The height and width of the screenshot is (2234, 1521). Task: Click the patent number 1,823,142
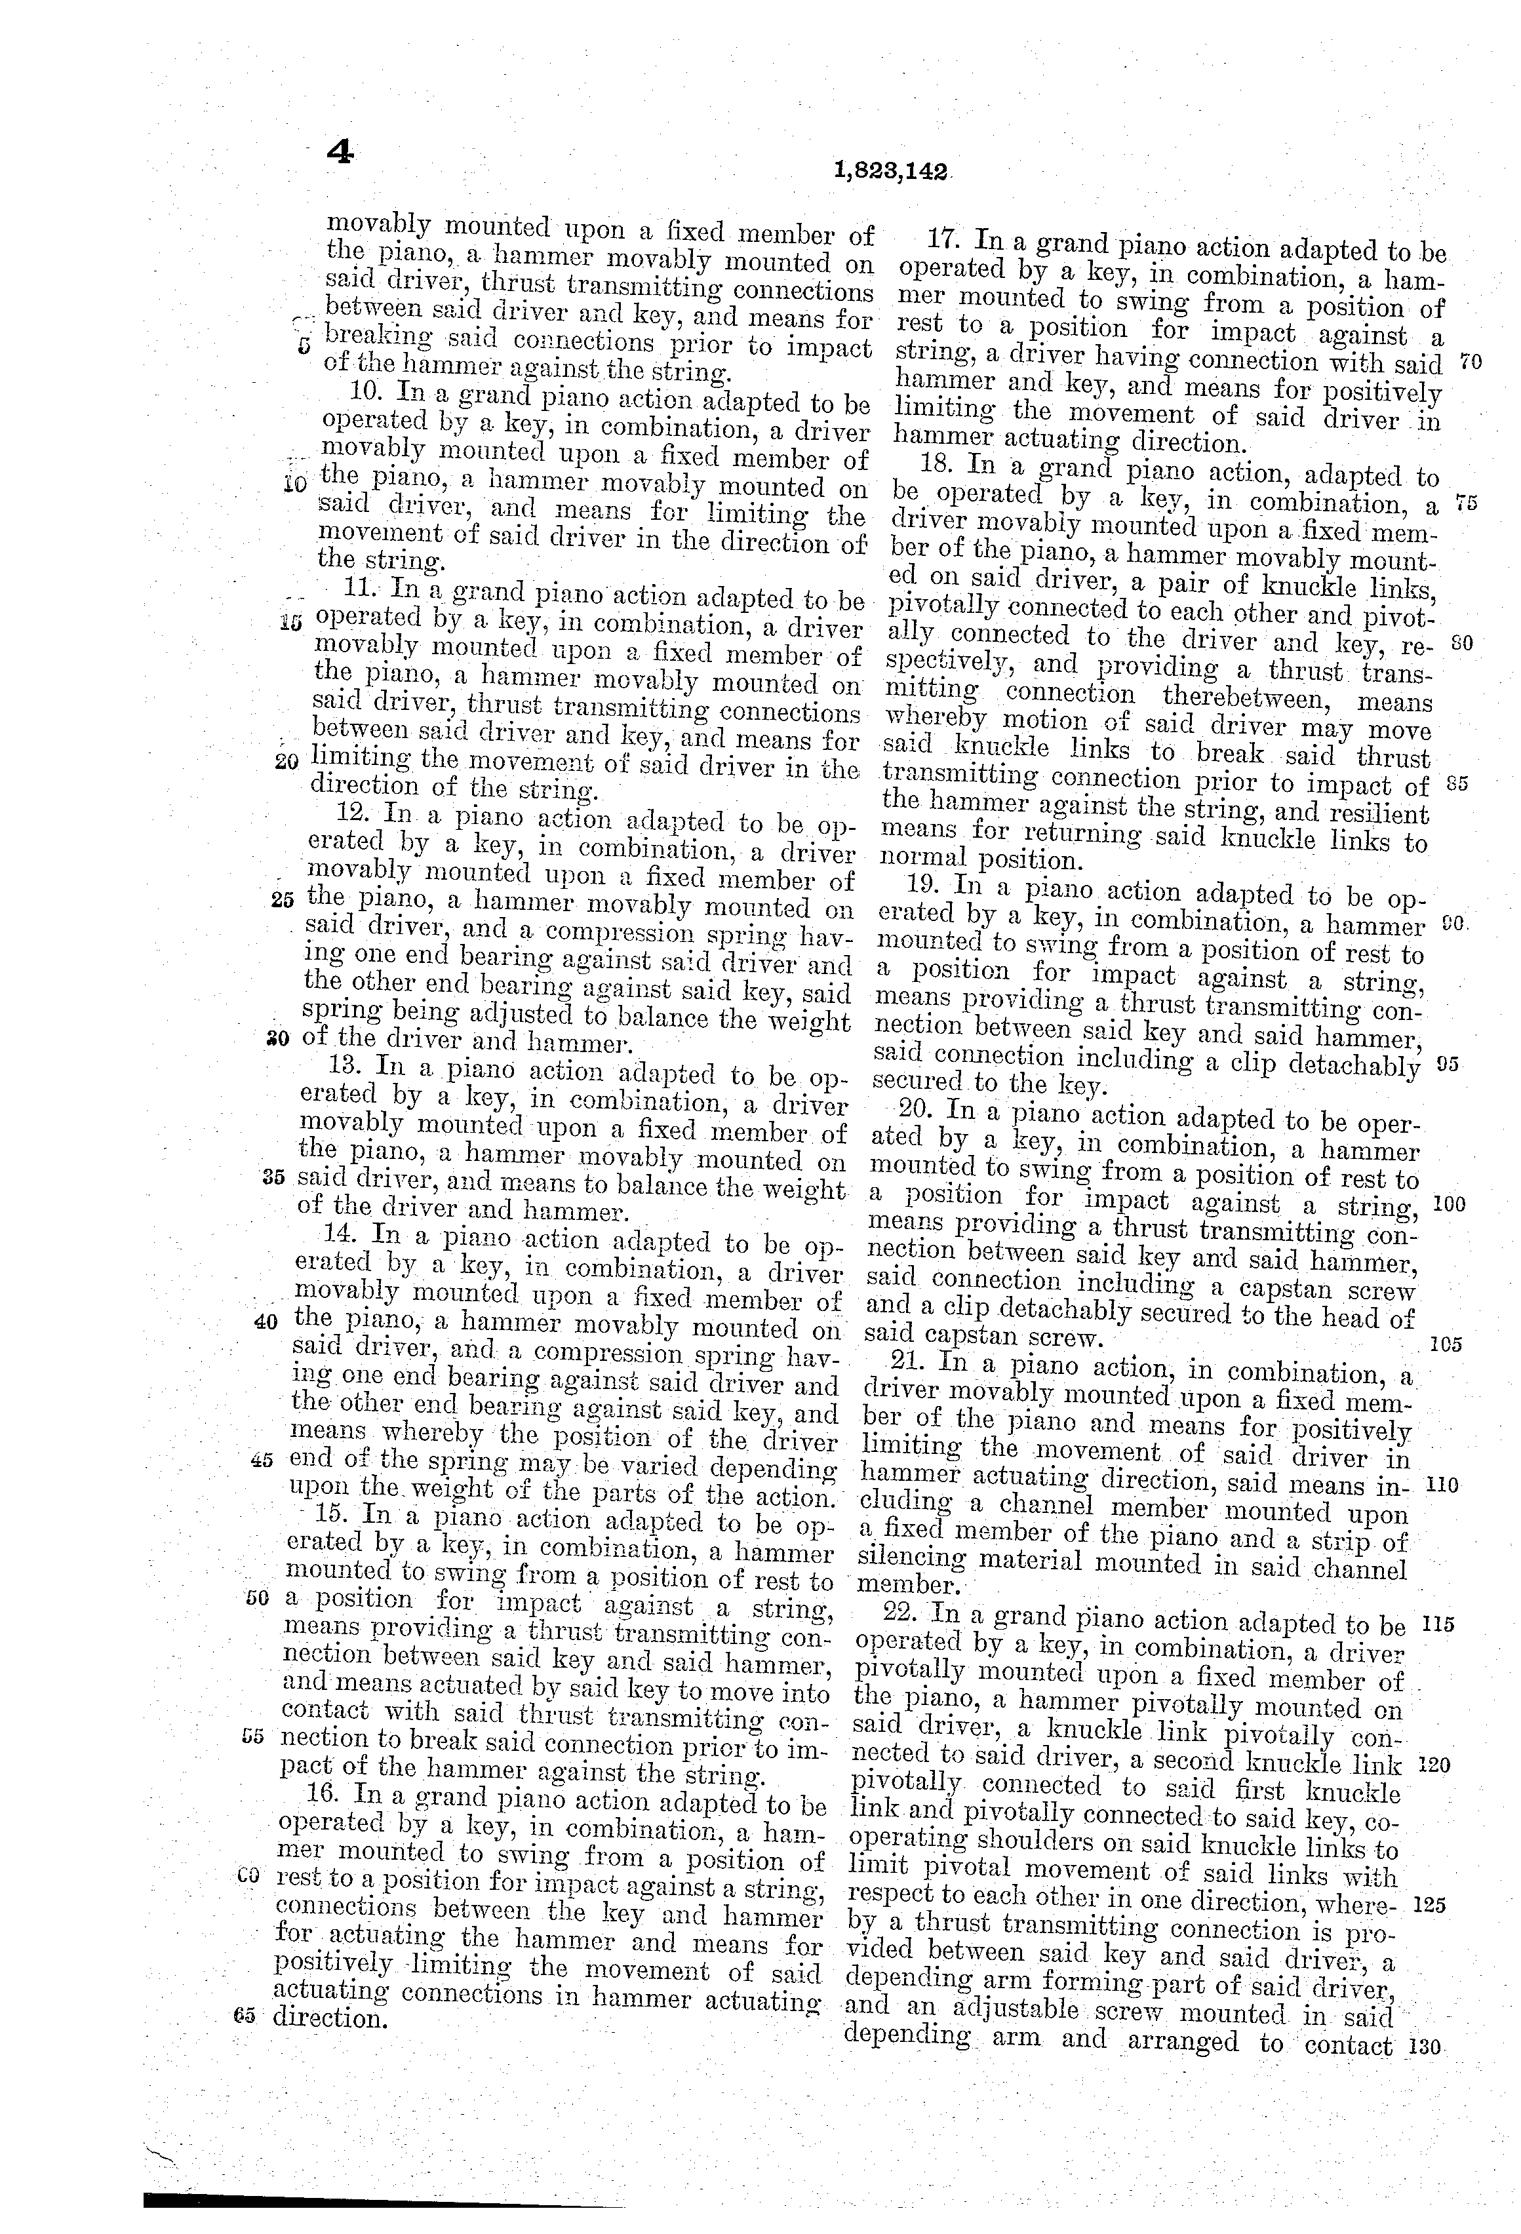892,172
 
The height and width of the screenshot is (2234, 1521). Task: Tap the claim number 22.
903,1613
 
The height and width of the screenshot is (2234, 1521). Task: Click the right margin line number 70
1470,363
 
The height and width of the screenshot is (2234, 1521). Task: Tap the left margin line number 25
282,901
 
